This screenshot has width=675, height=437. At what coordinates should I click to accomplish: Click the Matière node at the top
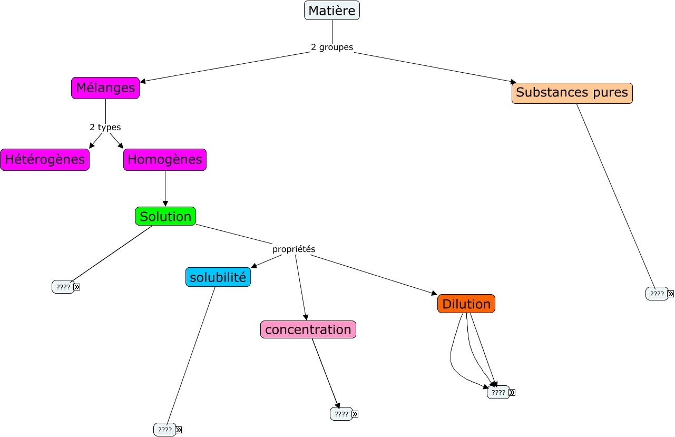pos(332,11)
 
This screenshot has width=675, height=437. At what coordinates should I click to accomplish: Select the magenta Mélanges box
pos(105,88)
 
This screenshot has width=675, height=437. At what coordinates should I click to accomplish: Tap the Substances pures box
pos(572,93)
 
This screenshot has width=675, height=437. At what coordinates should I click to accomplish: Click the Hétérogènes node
pos(45,160)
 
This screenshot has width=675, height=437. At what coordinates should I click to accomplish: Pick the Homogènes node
pos(165,160)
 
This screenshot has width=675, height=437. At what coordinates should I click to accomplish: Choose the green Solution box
pos(165,217)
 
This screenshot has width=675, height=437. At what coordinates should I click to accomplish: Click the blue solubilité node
pos(218,277)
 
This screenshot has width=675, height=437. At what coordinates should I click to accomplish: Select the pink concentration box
pos(308,330)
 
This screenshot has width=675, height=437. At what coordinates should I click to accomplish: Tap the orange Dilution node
pos(466,304)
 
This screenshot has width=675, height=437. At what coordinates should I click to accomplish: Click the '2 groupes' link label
pos(332,47)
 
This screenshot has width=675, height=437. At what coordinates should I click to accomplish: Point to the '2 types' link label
pos(105,128)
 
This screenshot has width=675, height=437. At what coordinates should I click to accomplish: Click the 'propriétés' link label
pos(294,249)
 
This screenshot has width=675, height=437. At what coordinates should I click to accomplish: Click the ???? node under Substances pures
pos(657,294)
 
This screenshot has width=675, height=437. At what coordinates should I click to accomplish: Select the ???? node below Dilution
pos(498,392)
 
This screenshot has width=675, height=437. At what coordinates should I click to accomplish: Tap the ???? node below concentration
pos(341,414)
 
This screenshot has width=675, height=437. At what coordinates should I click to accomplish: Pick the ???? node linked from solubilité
pos(164,430)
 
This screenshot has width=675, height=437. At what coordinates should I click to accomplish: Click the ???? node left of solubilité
pos(63,287)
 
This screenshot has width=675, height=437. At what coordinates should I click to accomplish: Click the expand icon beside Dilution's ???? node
pos(512,392)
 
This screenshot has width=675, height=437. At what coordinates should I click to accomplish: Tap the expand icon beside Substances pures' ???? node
pos(671,294)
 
